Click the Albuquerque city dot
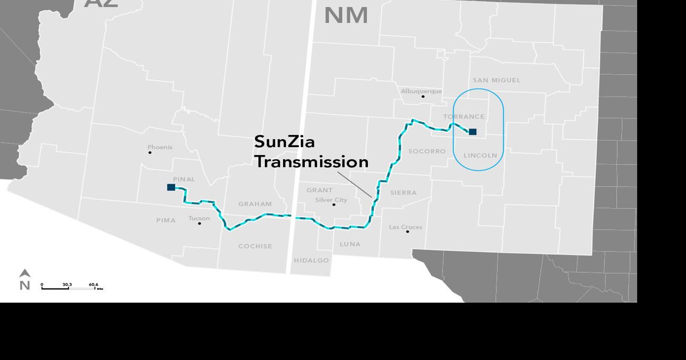[423, 97]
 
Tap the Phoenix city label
[160, 147]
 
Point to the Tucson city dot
[200, 224]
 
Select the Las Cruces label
[406, 227]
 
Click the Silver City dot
[334, 205]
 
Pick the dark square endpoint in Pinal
[171, 187]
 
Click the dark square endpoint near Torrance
[473, 132]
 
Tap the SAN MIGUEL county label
[496, 80]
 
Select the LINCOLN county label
[480, 156]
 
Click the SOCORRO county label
[427, 151]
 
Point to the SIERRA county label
[404, 193]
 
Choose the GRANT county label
[320, 190]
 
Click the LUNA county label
[350, 244]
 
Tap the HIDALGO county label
[311, 261]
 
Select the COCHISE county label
[255, 246]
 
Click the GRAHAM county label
[255, 204]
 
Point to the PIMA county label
[166, 220]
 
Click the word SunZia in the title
[284, 142]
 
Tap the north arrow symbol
[24, 274]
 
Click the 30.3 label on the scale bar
[67, 285]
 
